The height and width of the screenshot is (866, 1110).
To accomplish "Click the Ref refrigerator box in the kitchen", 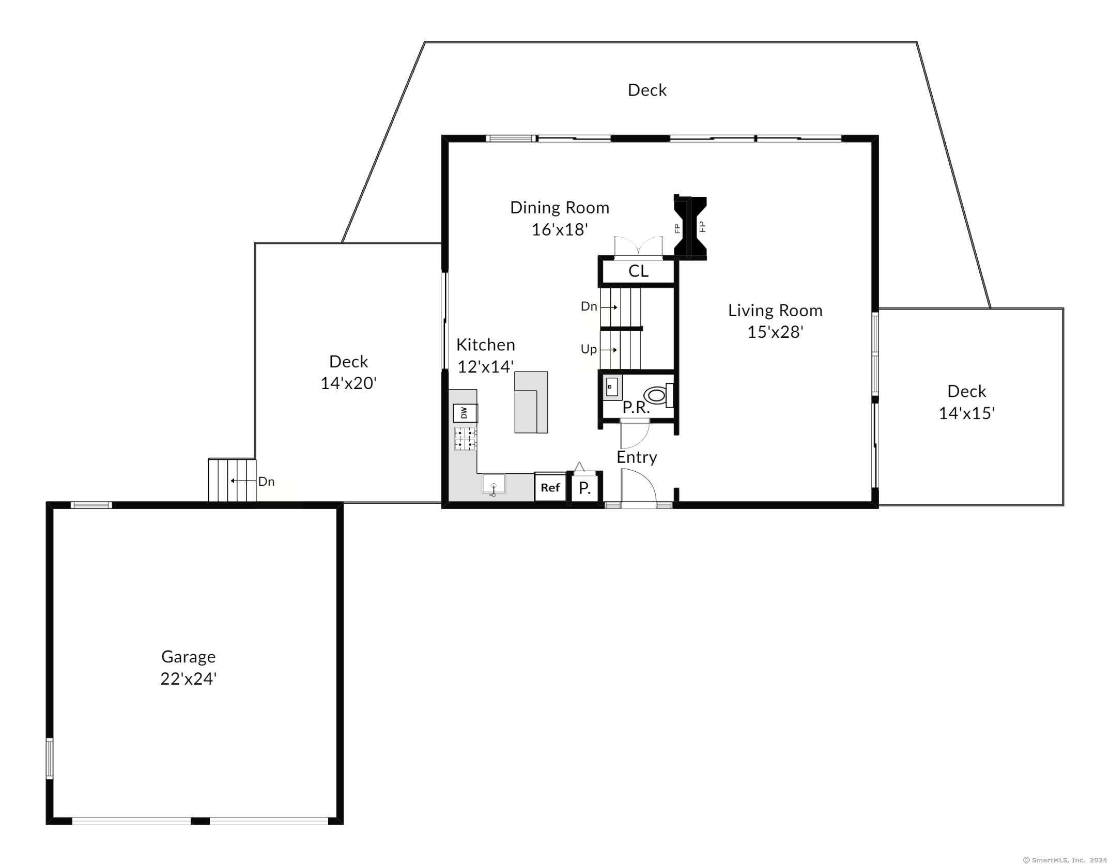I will click(550, 487).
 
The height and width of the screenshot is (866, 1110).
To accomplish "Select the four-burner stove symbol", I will click(465, 439).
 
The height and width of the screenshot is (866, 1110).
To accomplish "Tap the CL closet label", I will click(638, 271).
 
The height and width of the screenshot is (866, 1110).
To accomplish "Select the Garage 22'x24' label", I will click(189, 668).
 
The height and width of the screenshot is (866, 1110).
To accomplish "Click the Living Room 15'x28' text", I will click(775, 321).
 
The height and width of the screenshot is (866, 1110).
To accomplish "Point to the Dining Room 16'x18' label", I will click(560, 218).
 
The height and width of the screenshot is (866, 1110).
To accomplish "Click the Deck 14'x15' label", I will click(966, 402).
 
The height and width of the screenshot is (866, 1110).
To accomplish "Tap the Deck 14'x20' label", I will click(349, 372).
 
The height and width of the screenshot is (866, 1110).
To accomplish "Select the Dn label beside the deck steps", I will click(266, 482).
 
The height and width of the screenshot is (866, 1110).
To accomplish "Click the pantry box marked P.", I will click(584, 488).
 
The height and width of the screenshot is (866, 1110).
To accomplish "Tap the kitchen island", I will click(531, 402).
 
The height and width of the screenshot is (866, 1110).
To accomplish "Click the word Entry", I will click(637, 457).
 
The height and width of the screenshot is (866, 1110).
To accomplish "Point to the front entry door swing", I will click(637, 486).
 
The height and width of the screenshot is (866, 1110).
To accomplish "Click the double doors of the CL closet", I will click(638, 247).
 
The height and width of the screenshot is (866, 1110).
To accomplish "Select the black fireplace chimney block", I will click(690, 227).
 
